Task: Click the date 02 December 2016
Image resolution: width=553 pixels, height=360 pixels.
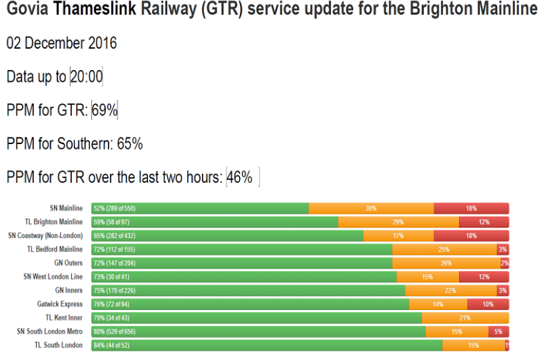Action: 61,43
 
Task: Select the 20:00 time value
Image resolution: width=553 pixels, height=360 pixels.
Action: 87,77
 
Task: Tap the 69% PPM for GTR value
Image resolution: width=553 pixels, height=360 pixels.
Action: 105,110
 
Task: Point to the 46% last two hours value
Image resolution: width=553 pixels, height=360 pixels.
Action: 240,177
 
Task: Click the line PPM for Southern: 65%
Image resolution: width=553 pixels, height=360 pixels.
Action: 75,144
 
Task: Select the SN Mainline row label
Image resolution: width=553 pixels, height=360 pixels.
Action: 66,209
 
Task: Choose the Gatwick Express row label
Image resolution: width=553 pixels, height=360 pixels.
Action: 60,304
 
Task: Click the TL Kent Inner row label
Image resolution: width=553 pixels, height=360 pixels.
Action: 64,318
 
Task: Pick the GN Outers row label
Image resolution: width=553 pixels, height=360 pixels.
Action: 69,263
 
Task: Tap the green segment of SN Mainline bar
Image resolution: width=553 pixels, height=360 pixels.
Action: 200,209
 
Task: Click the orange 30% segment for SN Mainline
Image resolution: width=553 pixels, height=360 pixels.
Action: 371,209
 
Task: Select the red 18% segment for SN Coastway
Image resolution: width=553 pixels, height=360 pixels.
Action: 471,236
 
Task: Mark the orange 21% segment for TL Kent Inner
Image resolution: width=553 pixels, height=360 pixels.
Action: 465,318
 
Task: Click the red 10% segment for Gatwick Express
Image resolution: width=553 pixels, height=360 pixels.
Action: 488,304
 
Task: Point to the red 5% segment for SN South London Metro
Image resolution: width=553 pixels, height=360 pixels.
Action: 498,331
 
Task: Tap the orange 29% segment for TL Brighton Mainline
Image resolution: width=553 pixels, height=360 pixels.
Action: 398,222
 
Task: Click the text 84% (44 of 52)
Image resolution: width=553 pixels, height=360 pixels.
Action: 111,345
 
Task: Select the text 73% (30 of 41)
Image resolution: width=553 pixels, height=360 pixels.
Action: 111,277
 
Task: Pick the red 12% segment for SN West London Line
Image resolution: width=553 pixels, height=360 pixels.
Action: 484,277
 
